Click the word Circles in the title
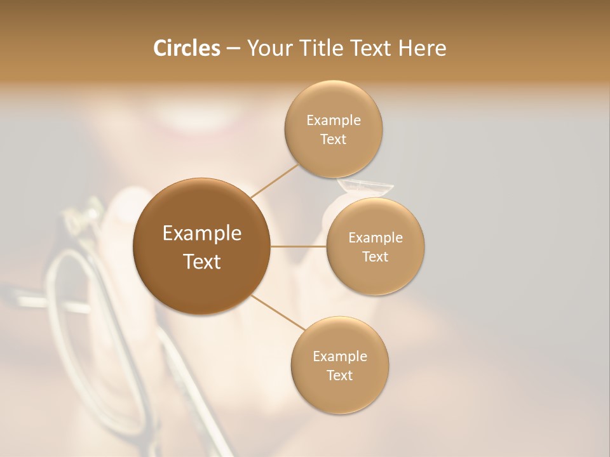[x=186, y=48]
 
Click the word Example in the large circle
[x=202, y=234]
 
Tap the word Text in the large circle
[x=202, y=262]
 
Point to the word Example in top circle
[x=334, y=121]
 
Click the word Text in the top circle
[x=333, y=140]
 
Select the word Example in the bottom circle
[x=340, y=357]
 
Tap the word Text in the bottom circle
[x=340, y=376]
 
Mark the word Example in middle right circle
[x=376, y=238]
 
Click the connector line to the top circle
[x=275, y=180]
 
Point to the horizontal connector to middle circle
[x=299, y=246]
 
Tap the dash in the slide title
[x=233, y=48]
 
